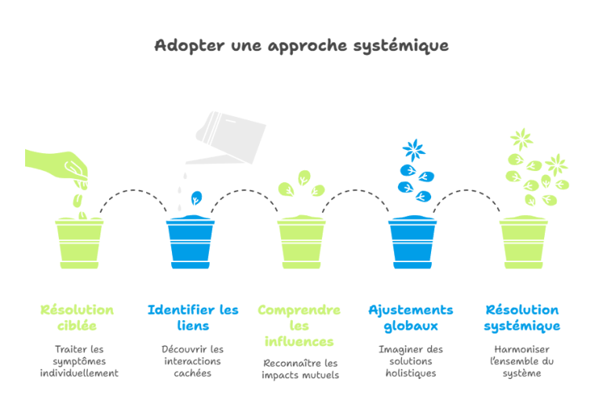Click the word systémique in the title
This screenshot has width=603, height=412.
tap(400, 46)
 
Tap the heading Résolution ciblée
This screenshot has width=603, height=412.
tap(77, 318)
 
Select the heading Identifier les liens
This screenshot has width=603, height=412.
tap(193, 318)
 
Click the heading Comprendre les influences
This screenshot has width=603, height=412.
tap(299, 326)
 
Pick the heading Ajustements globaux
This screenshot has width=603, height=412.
tap(411, 318)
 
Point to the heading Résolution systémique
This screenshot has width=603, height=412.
tap(522, 318)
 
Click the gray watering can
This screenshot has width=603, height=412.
tap(227, 138)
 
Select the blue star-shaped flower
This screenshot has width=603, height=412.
tap(414, 150)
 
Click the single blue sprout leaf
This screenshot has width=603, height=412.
tap(196, 198)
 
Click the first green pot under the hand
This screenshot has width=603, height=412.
tap(79, 243)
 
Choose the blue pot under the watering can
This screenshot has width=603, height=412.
tap(190, 242)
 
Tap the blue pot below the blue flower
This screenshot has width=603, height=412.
tap(413, 242)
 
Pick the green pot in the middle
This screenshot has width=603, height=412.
tap(301, 242)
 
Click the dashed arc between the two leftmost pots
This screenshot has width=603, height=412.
tap(133, 190)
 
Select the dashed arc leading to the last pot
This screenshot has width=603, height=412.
tap(466, 190)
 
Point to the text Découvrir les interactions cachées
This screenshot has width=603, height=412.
tap(192, 361)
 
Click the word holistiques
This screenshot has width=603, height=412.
tap(411, 374)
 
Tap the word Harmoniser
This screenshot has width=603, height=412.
tap(522, 349)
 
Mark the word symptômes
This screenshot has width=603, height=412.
tap(79, 362)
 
